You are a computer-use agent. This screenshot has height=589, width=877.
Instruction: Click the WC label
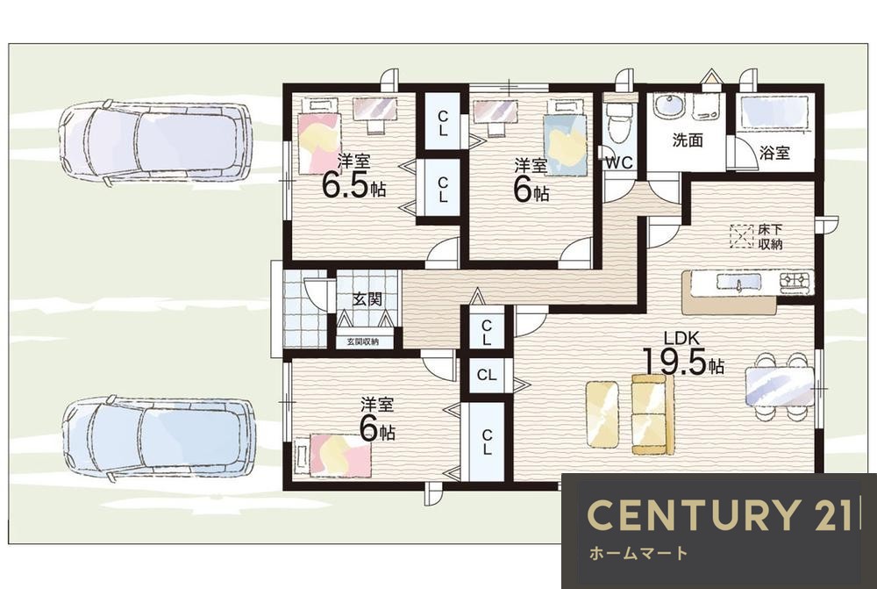click(620, 162)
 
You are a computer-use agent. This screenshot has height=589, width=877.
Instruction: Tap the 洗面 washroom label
click(688, 140)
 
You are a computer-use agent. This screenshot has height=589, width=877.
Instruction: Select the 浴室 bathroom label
click(774, 152)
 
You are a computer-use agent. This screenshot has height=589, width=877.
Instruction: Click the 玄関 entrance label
click(367, 298)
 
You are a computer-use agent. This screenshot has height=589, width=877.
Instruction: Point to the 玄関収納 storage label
click(362, 341)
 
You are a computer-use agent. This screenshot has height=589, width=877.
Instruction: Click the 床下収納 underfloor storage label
click(770, 236)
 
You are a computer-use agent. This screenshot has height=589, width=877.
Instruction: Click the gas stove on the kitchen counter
click(796, 281)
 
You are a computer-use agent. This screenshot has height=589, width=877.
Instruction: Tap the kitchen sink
click(738, 283)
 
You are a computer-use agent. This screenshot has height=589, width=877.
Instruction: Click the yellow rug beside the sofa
click(602, 413)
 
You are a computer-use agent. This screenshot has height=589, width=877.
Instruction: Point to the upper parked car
click(154, 141)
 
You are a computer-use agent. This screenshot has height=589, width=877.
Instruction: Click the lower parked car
click(158, 438)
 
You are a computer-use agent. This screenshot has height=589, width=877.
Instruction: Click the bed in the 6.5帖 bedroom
click(319, 135)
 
